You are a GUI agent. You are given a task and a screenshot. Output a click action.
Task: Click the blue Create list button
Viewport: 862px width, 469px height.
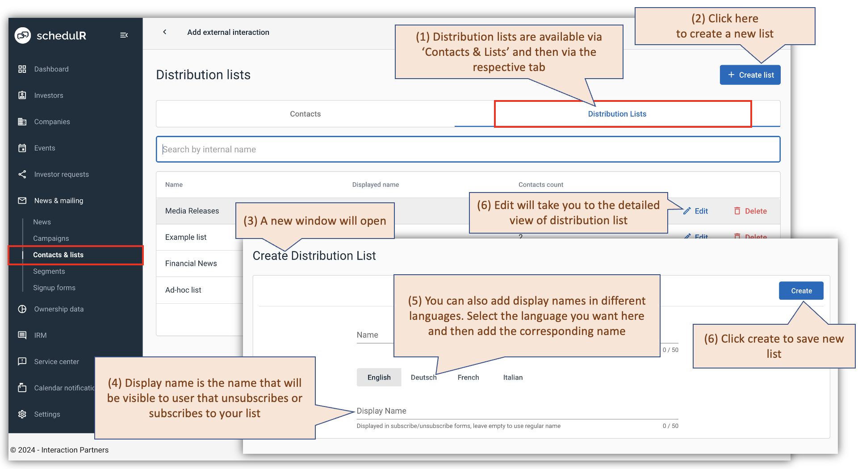(x=750, y=75)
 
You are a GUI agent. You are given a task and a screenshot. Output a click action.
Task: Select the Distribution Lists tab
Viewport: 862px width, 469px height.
(x=617, y=114)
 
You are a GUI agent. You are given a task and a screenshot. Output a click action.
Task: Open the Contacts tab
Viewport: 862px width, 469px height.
(x=305, y=114)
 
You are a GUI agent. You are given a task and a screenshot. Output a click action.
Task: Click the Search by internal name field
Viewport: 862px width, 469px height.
(x=468, y=149)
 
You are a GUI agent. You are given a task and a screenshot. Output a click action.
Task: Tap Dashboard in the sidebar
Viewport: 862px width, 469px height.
(x=51, y=69)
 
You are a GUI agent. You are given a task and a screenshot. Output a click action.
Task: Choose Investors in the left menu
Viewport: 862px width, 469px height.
(x=49, y=96)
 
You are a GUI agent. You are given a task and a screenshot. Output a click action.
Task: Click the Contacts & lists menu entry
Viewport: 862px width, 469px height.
(x=58, y=255)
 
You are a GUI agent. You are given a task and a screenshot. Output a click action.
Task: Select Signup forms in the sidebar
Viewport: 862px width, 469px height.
(x=54, y=288)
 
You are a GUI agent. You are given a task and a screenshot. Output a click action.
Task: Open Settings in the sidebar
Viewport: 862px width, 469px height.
(x=47, y=415)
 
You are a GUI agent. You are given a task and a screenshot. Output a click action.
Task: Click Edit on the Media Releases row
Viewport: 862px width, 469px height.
(x=696, y=211)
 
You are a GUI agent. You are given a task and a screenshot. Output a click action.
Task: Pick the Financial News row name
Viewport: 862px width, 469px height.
(x=191, y=264)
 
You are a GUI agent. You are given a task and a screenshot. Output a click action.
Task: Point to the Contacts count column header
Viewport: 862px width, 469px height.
(x=540, y=185)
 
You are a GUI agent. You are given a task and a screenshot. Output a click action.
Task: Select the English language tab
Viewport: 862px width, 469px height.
(x=379, y=377)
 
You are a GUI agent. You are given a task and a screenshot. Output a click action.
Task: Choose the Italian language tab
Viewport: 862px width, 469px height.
(x=513, y=377)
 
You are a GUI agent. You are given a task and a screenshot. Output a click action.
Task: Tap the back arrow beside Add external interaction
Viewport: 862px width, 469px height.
(x=165, y=32)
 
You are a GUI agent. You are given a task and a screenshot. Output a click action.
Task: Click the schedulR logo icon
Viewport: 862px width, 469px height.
(x=23, y=35)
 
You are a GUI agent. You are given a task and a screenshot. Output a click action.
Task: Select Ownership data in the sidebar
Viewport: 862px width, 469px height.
(x=59, y=309)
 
